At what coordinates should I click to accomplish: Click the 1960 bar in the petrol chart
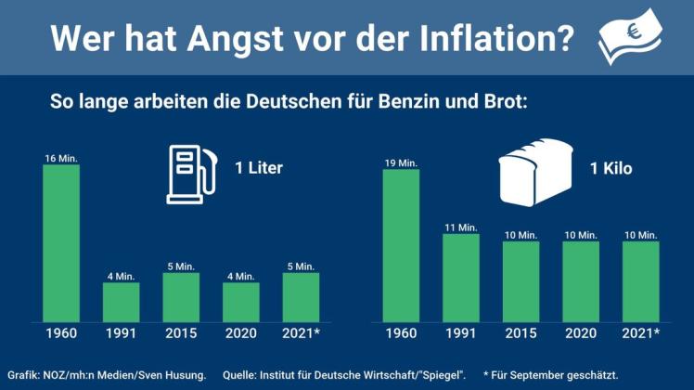pos(61,243)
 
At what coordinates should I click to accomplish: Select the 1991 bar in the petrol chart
pos(121,302)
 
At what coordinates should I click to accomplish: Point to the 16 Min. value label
pos(61,159)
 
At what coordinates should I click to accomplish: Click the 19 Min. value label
pos(401,163)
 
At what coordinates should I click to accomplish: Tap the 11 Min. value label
pos(461,227)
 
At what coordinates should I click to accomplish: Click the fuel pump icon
pos(189,173)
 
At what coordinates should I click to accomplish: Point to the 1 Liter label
pos(259,169)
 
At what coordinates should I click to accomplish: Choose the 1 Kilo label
pos(611,169)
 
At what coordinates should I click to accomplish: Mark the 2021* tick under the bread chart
pos(641,332)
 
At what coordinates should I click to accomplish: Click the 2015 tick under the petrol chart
pos(181,332)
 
